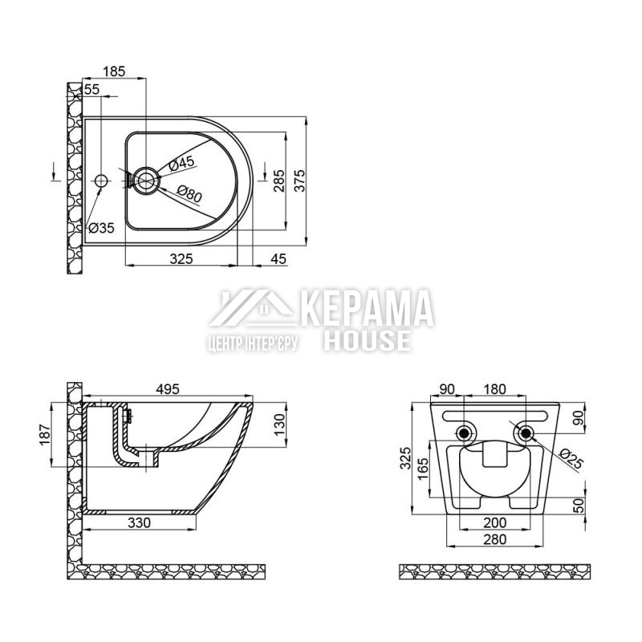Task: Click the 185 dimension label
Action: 113,71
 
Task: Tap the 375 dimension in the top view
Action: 300,180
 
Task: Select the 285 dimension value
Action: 278,181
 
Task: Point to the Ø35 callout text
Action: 101,228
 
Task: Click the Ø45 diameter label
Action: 181,163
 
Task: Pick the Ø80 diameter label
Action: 189,194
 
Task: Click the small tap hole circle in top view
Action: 101,181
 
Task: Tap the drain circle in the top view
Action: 145,181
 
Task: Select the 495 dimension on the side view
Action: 168,389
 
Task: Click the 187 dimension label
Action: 45,435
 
